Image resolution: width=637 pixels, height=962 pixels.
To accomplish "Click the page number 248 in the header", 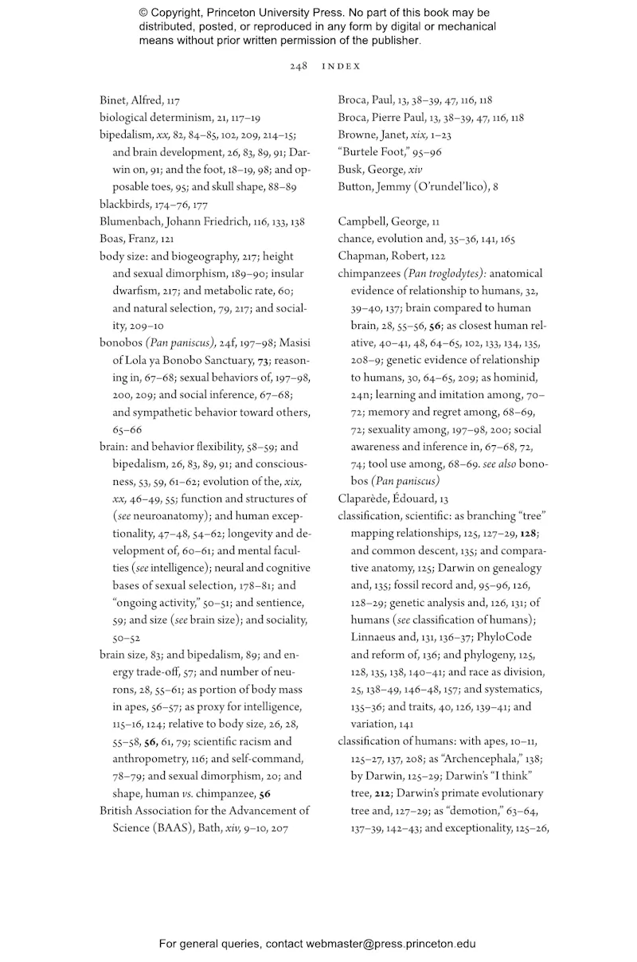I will point(299,66).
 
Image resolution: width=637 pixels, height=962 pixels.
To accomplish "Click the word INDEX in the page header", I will point(341,66).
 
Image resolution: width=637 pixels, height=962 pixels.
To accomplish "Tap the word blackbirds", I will point(125,204).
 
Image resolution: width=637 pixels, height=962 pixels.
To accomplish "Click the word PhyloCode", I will point(503,637).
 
